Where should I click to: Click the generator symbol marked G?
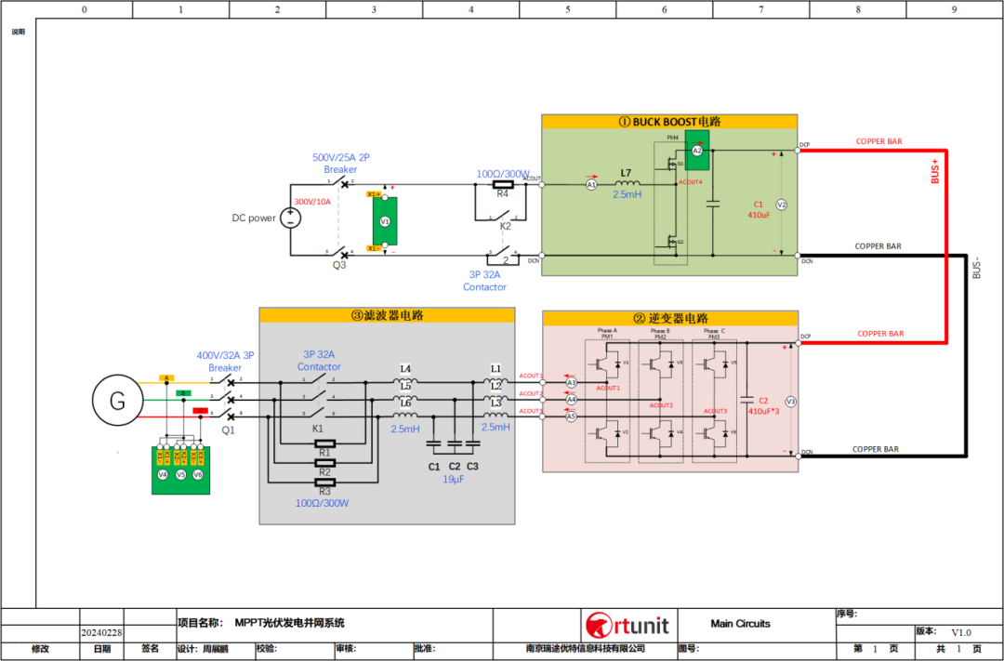coord(118,401)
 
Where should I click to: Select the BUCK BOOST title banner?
coord(669,122)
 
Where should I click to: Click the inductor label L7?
coord(627,174)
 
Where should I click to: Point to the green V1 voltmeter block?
coord(384,223)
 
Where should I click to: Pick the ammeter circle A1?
coord(591,185)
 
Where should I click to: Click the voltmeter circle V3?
coord(791,402)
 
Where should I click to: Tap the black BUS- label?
coord(975,268)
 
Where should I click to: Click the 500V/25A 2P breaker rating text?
coord(340,157)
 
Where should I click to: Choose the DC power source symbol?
coord(291,218)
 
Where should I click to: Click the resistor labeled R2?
coord(324,462)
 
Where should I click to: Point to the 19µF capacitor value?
coord(454,481)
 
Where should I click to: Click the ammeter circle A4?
coord(572,400)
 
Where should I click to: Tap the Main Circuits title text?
coord(740,624)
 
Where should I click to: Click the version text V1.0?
coord(960,632)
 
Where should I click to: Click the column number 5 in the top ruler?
coord(567,9)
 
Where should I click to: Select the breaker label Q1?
coord(229,430)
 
